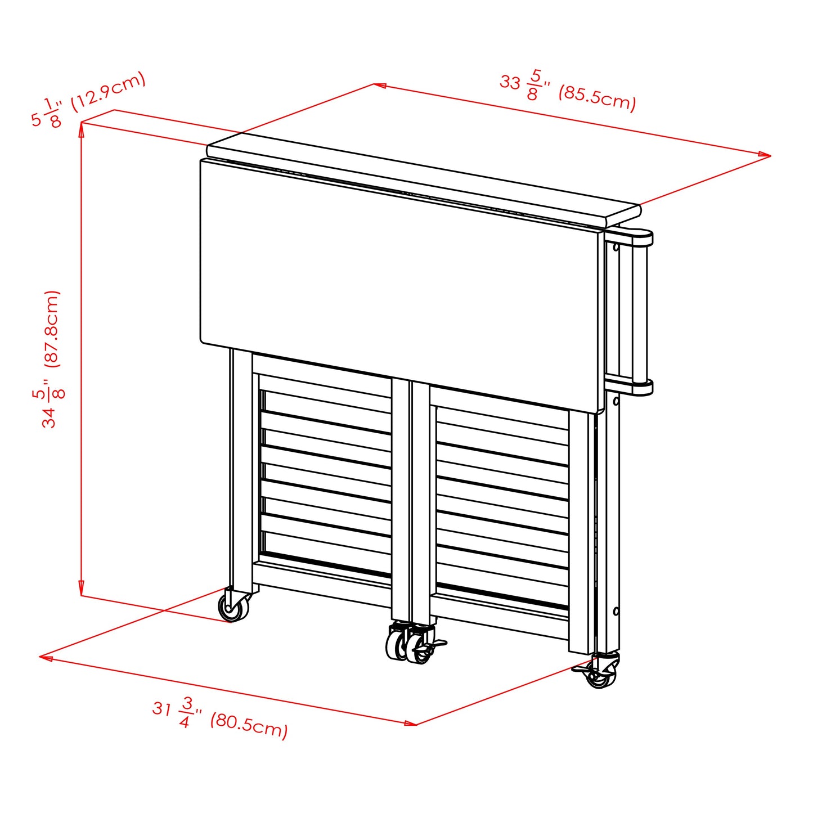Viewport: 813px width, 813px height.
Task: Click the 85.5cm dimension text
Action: (x=597, y=99)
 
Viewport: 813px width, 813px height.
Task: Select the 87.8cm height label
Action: (x=52, y=329)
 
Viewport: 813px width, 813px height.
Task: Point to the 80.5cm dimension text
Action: (x=249, y=726)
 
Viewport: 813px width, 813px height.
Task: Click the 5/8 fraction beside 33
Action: (x=533, y=84)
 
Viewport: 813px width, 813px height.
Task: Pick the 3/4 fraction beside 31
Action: (x=186, y=712)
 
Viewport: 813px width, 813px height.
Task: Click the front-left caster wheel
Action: (x=232, y=607)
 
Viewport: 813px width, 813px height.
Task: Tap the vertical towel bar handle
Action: (x=639, y=312)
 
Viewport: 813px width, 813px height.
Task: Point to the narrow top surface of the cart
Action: (x=422, y=176)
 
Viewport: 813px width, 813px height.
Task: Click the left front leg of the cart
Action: (x=240, y=467)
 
